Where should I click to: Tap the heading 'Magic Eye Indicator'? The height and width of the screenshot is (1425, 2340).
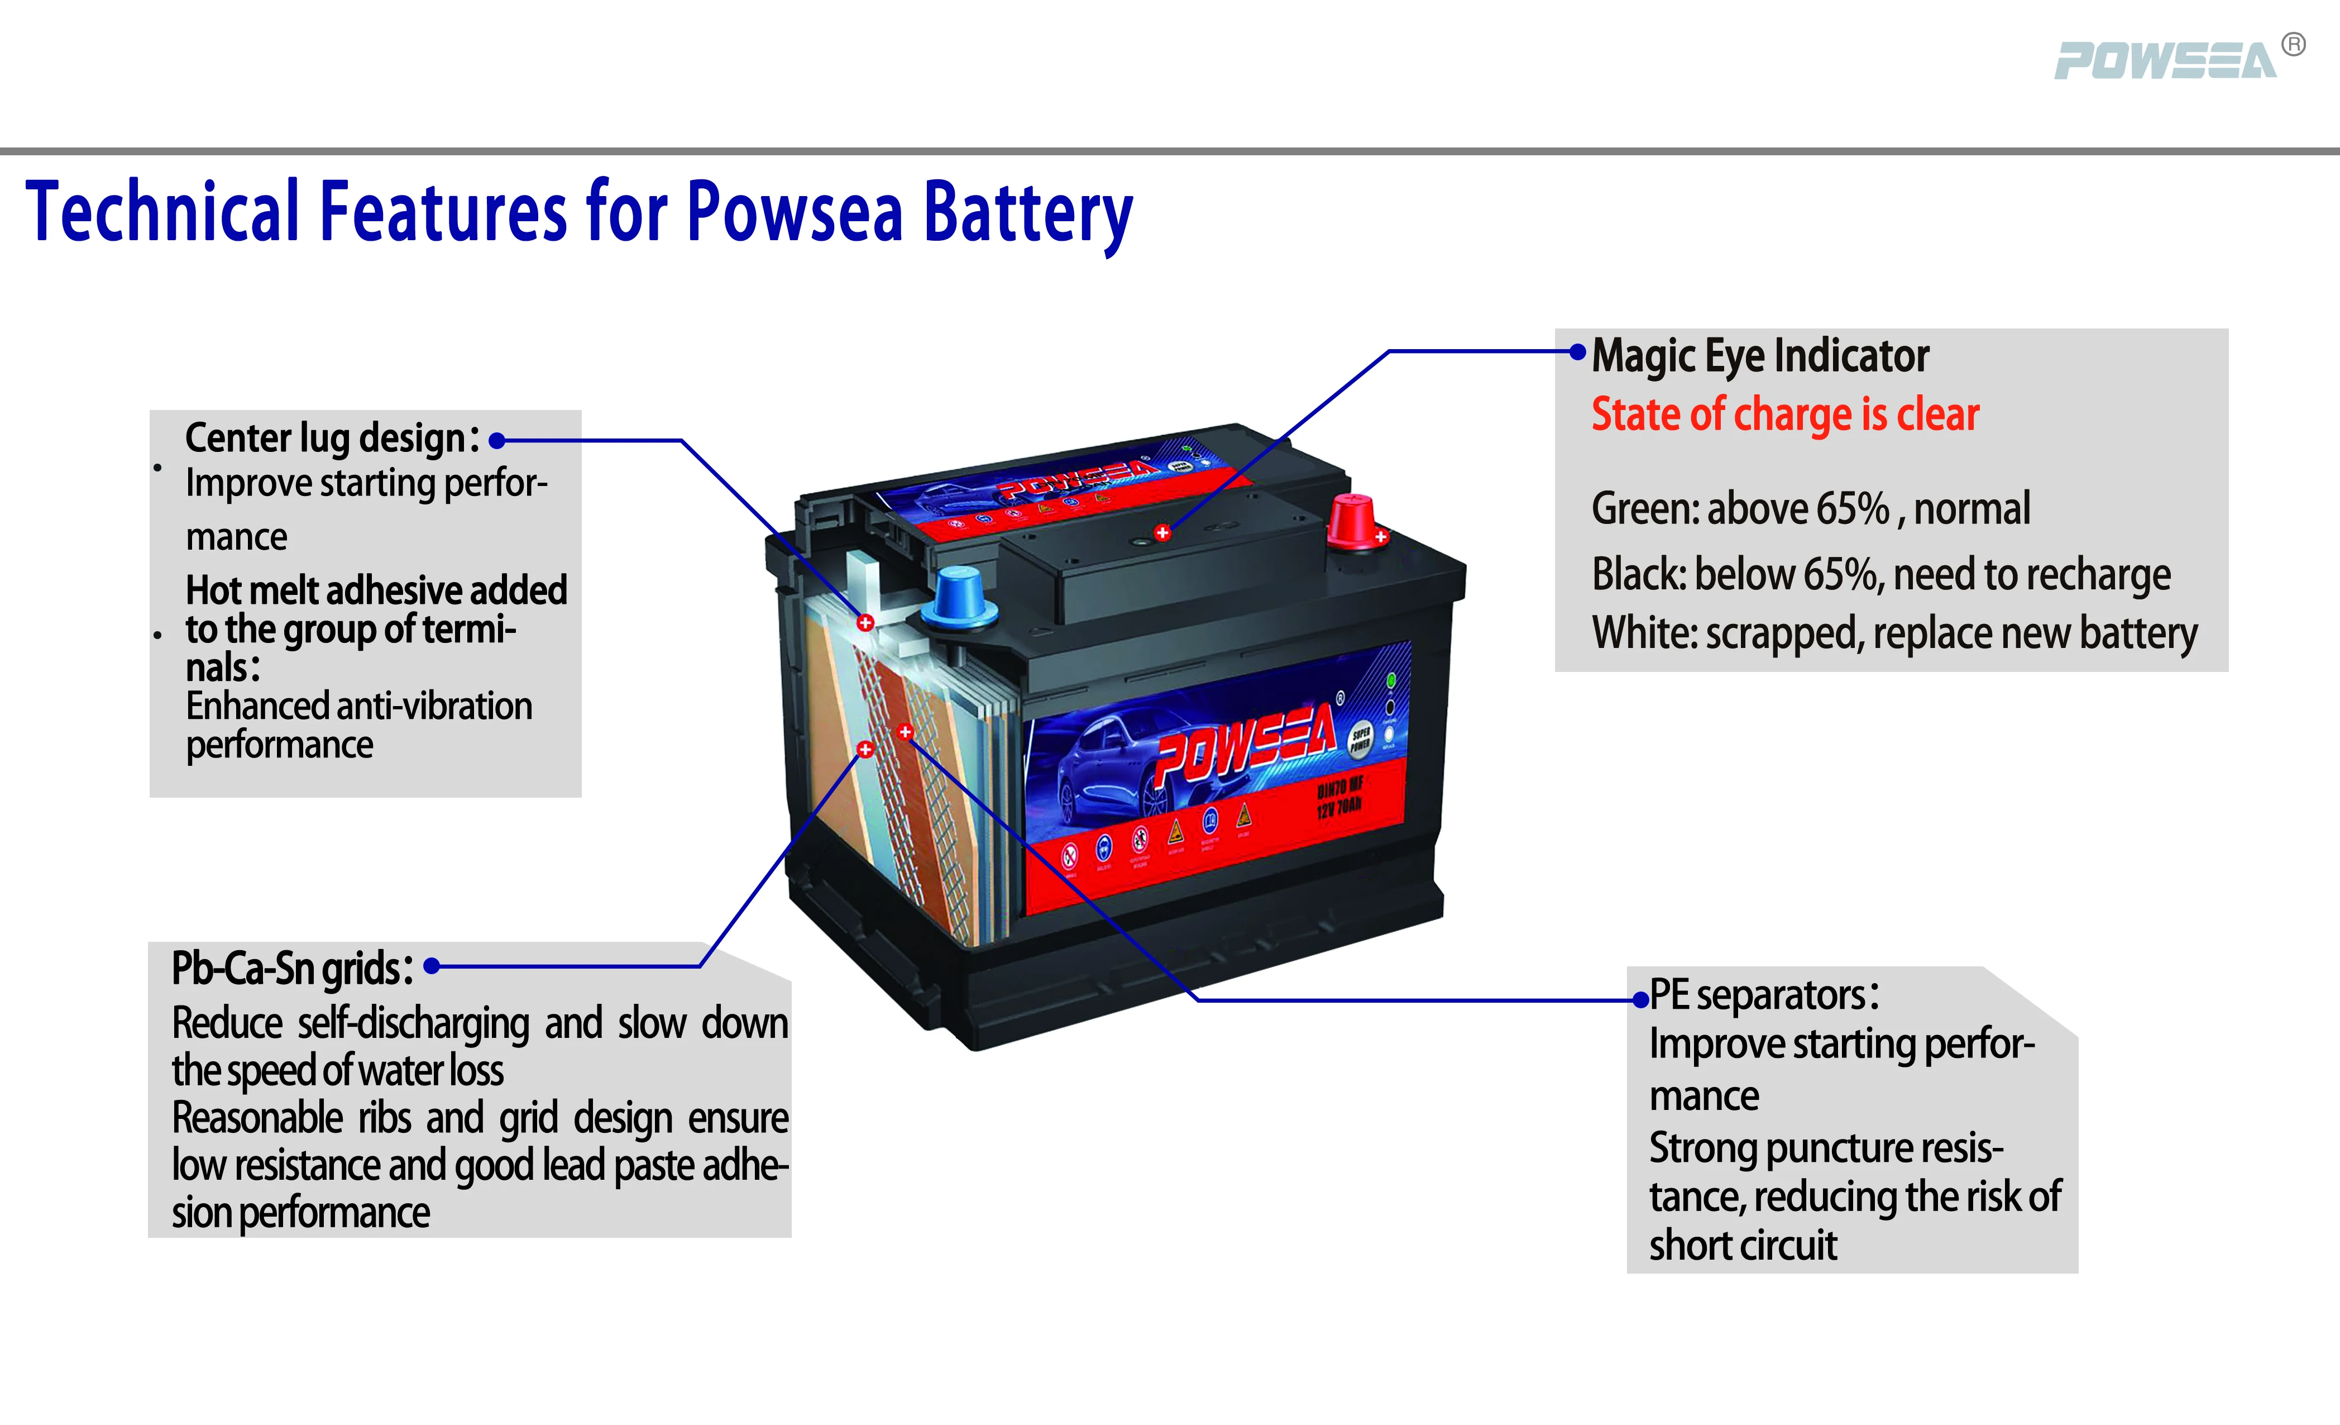tap(1760, 356)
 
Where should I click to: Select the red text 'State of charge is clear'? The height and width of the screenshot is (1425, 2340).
tap(1784, 415)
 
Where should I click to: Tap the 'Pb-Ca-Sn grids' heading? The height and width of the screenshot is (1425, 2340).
tap(290, 969)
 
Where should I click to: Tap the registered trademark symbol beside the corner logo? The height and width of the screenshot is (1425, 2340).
tap(2294, 45)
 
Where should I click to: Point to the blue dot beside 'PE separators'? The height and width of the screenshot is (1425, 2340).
tap(1640, 1000)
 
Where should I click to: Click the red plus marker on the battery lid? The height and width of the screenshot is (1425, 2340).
tap(1162, 533)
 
